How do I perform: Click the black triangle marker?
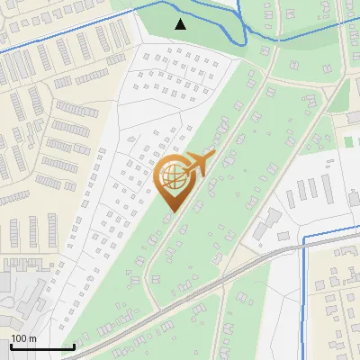coord(181,24)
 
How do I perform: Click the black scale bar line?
coord(42,346)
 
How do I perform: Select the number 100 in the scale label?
coord(19,338)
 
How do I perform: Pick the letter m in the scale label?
coord(31,338)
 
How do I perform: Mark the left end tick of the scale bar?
coord(11,346)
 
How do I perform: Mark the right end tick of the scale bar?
coord(74,346)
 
